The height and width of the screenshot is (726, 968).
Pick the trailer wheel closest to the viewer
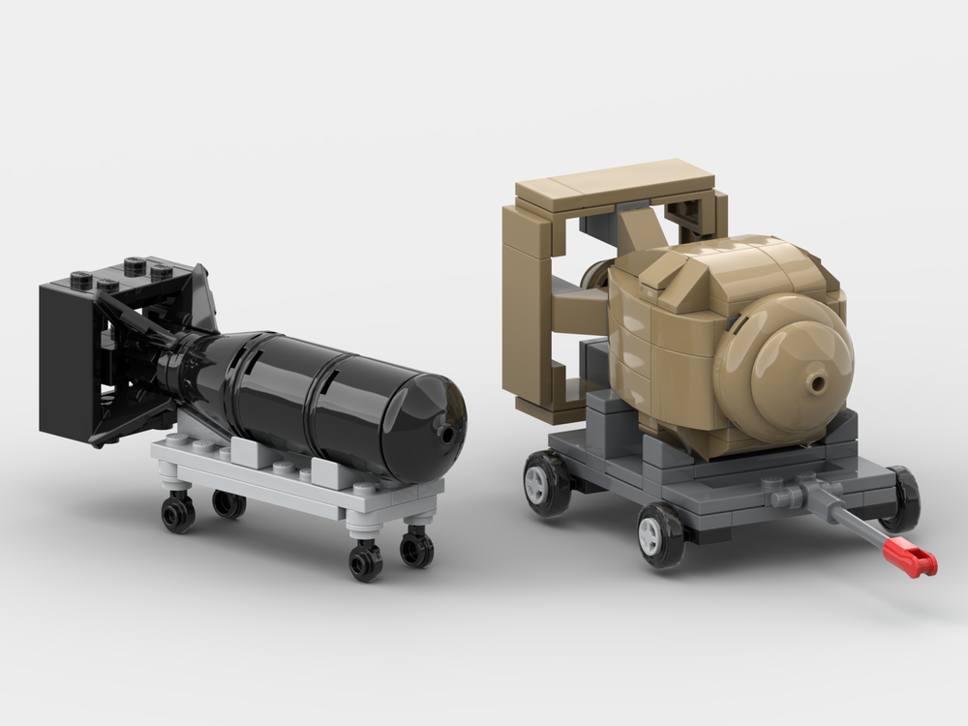[x=662, y=535]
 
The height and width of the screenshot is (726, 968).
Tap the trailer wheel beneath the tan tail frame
[x=547, y=483]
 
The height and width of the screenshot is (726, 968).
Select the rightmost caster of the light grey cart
[x=417, y=549]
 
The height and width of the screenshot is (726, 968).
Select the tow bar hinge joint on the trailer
[x=786, y=496]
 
